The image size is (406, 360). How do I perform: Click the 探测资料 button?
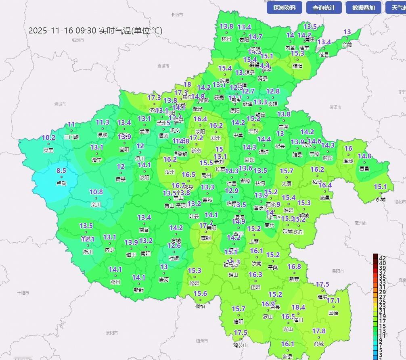pyautogui.click(x=287, y=7)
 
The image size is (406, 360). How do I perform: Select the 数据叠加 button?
pyautogui.click(x=363, y=7)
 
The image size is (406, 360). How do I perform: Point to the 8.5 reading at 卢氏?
pyautogui.click(x=61, y=171)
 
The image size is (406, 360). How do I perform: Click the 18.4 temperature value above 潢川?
pyautogui.click(x=298, y=308)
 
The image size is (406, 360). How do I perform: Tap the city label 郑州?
pyautogui.click(x=216, y=138)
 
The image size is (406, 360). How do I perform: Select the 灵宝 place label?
pyautogui.click(x=48, y=150)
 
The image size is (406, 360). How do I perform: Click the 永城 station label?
pyautogui.click(x=381, y=199)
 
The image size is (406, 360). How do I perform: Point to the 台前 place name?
pyautogui.click(x=347, y=44)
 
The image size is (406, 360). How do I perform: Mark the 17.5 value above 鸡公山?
pyautogui.click(x=241, y=333)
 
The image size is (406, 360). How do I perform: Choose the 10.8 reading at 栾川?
pyautogui.click(x=96, y=192)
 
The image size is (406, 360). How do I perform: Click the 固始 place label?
pyautogui.click(x=333, y=313)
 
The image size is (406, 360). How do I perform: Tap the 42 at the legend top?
pyautogui.click(x=382, y=258)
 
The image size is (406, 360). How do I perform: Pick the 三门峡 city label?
pyautogui.click(x=71, y=137)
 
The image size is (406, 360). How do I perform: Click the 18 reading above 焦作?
pyautogui.click(x=187, y=85)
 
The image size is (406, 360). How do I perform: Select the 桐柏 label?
pyautogui.click(x=200, y=306)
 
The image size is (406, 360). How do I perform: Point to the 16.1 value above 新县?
pyautogui.click(x=287, y=344)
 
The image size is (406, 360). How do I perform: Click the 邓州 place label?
pyautogui.click(x=115, y=282)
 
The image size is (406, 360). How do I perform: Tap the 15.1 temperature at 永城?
pyautogui.click(x=380, y=187)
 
